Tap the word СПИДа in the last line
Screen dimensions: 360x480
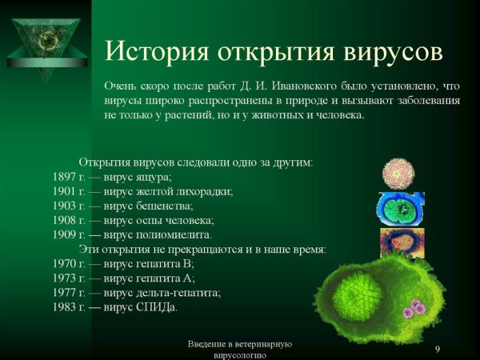159,306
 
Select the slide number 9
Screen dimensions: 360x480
438,349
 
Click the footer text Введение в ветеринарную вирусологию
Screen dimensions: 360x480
239,349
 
